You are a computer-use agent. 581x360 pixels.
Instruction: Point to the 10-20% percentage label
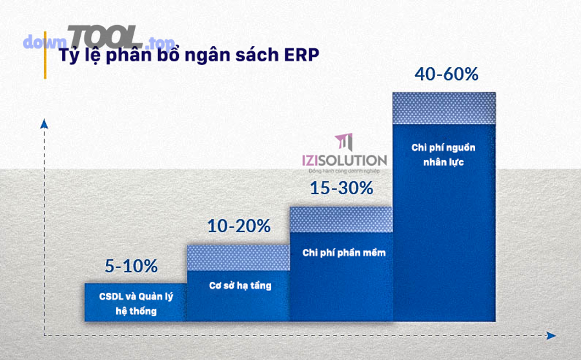click(x=238, y=226)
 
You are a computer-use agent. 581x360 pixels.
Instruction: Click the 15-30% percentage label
click(x=341, y=188)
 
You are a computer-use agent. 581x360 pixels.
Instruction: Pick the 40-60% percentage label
click(x=446, y=74)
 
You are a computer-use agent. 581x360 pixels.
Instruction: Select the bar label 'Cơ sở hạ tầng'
click(x=240, y=285)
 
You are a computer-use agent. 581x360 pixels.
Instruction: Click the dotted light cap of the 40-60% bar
click(x=444, y=108)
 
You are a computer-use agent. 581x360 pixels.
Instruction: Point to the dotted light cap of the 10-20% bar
click(x=238, y=257)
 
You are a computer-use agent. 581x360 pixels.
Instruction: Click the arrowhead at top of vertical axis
click(x=43, y=123)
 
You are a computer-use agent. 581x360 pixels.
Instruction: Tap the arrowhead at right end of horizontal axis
click(x=551, y=335)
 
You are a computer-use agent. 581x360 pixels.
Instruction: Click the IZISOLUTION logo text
click(x=344, y=160)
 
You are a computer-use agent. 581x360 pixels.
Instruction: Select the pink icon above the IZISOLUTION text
click(x=345, y=142)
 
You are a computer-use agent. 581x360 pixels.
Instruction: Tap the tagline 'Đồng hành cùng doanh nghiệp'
click(x=344, y=171)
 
